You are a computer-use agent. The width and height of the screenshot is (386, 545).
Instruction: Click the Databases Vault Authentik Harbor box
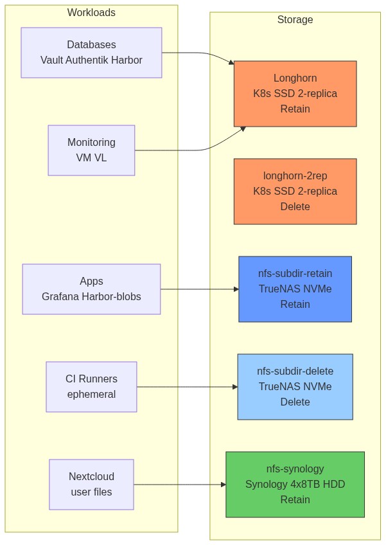coord(91,53)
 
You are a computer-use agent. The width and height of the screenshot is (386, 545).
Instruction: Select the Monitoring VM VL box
coord(91,150)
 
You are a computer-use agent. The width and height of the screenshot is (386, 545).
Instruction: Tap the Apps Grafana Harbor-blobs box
coord(91,289)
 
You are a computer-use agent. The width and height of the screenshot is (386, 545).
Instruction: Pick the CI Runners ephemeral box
coord(91,387)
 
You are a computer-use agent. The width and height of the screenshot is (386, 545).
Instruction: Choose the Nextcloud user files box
coord(91,485)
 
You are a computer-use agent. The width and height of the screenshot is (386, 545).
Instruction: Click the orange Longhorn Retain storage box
coord(295,94)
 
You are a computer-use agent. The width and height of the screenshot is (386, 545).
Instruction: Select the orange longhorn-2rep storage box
coord(295,192)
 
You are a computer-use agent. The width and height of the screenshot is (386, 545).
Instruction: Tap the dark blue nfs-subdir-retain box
coord(295,289)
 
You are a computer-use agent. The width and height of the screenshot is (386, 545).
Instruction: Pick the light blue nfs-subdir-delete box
coord(295,387)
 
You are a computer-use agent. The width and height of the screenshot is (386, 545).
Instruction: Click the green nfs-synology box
coord(295,485)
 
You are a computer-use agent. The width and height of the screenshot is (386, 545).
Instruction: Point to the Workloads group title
coord(91,13)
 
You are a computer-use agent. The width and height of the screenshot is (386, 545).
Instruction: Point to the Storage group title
coord(295,20)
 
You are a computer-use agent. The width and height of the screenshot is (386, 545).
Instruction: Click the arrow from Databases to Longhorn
coord(199,53)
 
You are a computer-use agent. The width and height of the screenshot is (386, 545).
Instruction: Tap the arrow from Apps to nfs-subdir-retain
coord(199,289)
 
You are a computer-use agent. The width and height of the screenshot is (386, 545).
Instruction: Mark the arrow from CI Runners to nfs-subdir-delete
coord(186,387)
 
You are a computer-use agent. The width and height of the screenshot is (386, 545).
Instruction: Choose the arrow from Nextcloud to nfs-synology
coord(180,485)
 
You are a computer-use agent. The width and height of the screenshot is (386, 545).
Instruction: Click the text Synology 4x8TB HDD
coord(295,485)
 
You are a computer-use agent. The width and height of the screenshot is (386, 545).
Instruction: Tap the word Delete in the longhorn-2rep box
coord(295,207)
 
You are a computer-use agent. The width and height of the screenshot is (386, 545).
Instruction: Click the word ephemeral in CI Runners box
coord(91,395)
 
